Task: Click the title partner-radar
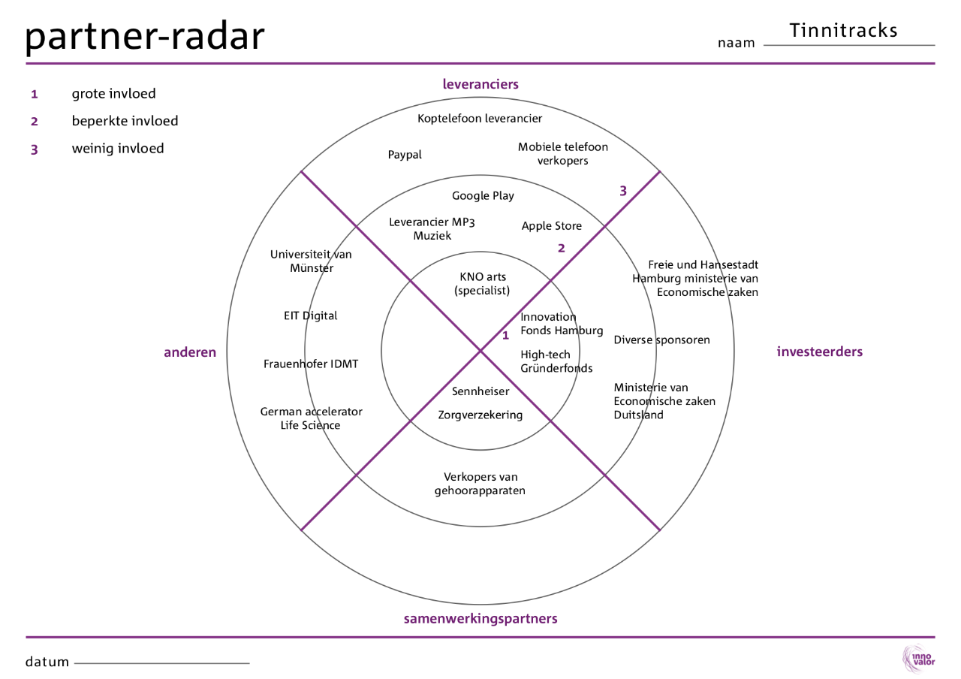(145, 35)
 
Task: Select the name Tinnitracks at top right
(843, 30)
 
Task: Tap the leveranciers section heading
(480, 84)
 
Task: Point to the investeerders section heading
(819, 352)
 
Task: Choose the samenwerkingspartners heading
(480, 619)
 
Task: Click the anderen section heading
(190, 352)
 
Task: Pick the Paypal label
(405, 155)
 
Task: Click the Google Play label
(483, 196)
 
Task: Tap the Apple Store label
(551, 226)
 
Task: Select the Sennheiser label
(480, 391)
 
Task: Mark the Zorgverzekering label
(480, 415)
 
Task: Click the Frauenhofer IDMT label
(311, 364)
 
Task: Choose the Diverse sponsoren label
(661, 339)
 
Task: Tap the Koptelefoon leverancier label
(480, 118)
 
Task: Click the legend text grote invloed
(113, 94)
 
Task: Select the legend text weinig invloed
(117, 148)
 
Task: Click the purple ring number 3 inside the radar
(622, 191)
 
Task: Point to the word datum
(47, 662)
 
